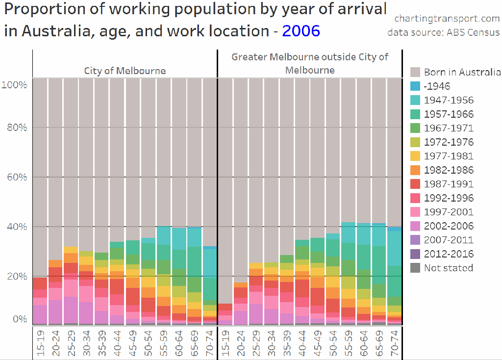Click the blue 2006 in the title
[301, 31]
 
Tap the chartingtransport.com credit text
[447, 19]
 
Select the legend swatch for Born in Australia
[415, 72]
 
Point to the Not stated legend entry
[448, 268]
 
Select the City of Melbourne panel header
[125, 71]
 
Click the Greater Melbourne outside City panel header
[310, 63]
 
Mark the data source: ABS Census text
[443, 32]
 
